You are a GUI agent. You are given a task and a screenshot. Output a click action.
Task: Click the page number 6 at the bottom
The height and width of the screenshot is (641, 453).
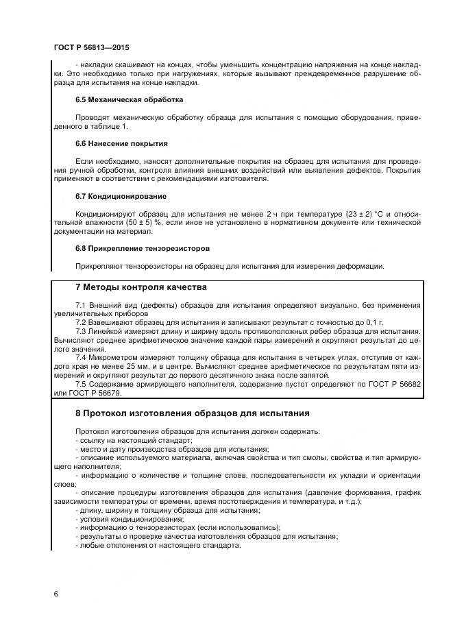coord(56,592)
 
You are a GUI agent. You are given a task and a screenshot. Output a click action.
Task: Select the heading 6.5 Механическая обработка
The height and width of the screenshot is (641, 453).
coord(129,99)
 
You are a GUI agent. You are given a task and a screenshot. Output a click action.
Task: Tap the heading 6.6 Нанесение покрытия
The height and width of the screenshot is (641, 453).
coord(121,143)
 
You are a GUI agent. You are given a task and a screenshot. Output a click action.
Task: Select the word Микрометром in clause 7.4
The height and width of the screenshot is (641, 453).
coord(114,357)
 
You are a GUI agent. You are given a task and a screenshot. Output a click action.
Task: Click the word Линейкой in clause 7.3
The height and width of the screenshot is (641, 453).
coord(108,330)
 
